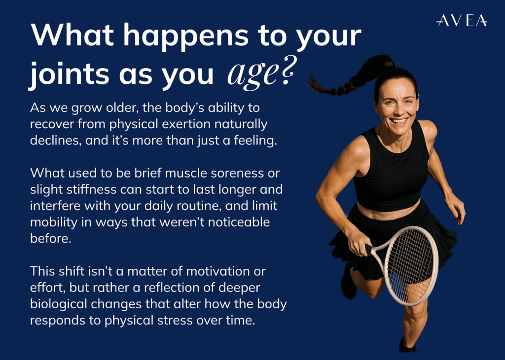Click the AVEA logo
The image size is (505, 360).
pyautogui.click(x=462, y=20)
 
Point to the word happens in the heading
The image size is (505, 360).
pyautogui.click(x=186, y=36)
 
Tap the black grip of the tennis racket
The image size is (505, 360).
pyautogui.click(x=368, y=248)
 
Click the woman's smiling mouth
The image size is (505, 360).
pyautogui.click(x=398, y=121)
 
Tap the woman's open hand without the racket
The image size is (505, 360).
pyautogui.click(x=456, y=208)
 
